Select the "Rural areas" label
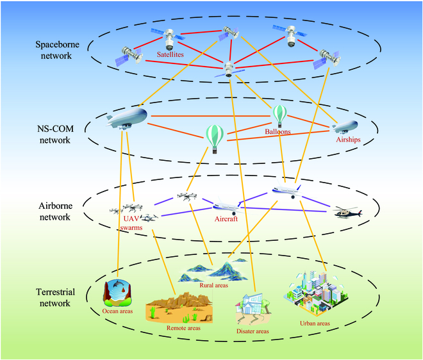point(214,285)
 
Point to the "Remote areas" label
point(183,327)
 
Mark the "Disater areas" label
point(252,331)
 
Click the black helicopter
point(347,213)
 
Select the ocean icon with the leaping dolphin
point(119,294)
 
